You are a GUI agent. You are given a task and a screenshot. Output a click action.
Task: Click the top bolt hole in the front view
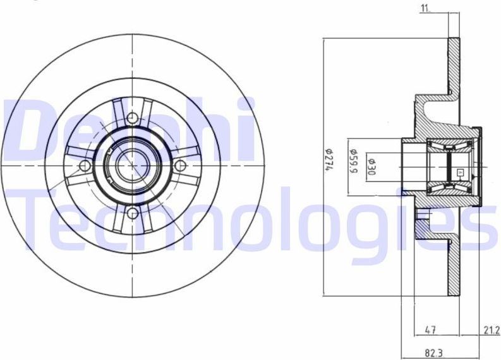[x=132, y=117]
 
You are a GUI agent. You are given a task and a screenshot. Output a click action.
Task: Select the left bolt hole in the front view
[x=85, y=165]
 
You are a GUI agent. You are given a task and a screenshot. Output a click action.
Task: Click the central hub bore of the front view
[x=132, y=165]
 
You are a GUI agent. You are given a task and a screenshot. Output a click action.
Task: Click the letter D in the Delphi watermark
[x=28, y=126]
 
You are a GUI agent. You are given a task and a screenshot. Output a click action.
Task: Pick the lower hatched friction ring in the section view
[x=453, y=265]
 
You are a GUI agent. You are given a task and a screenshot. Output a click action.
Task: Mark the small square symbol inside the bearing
[x=460, y=172]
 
